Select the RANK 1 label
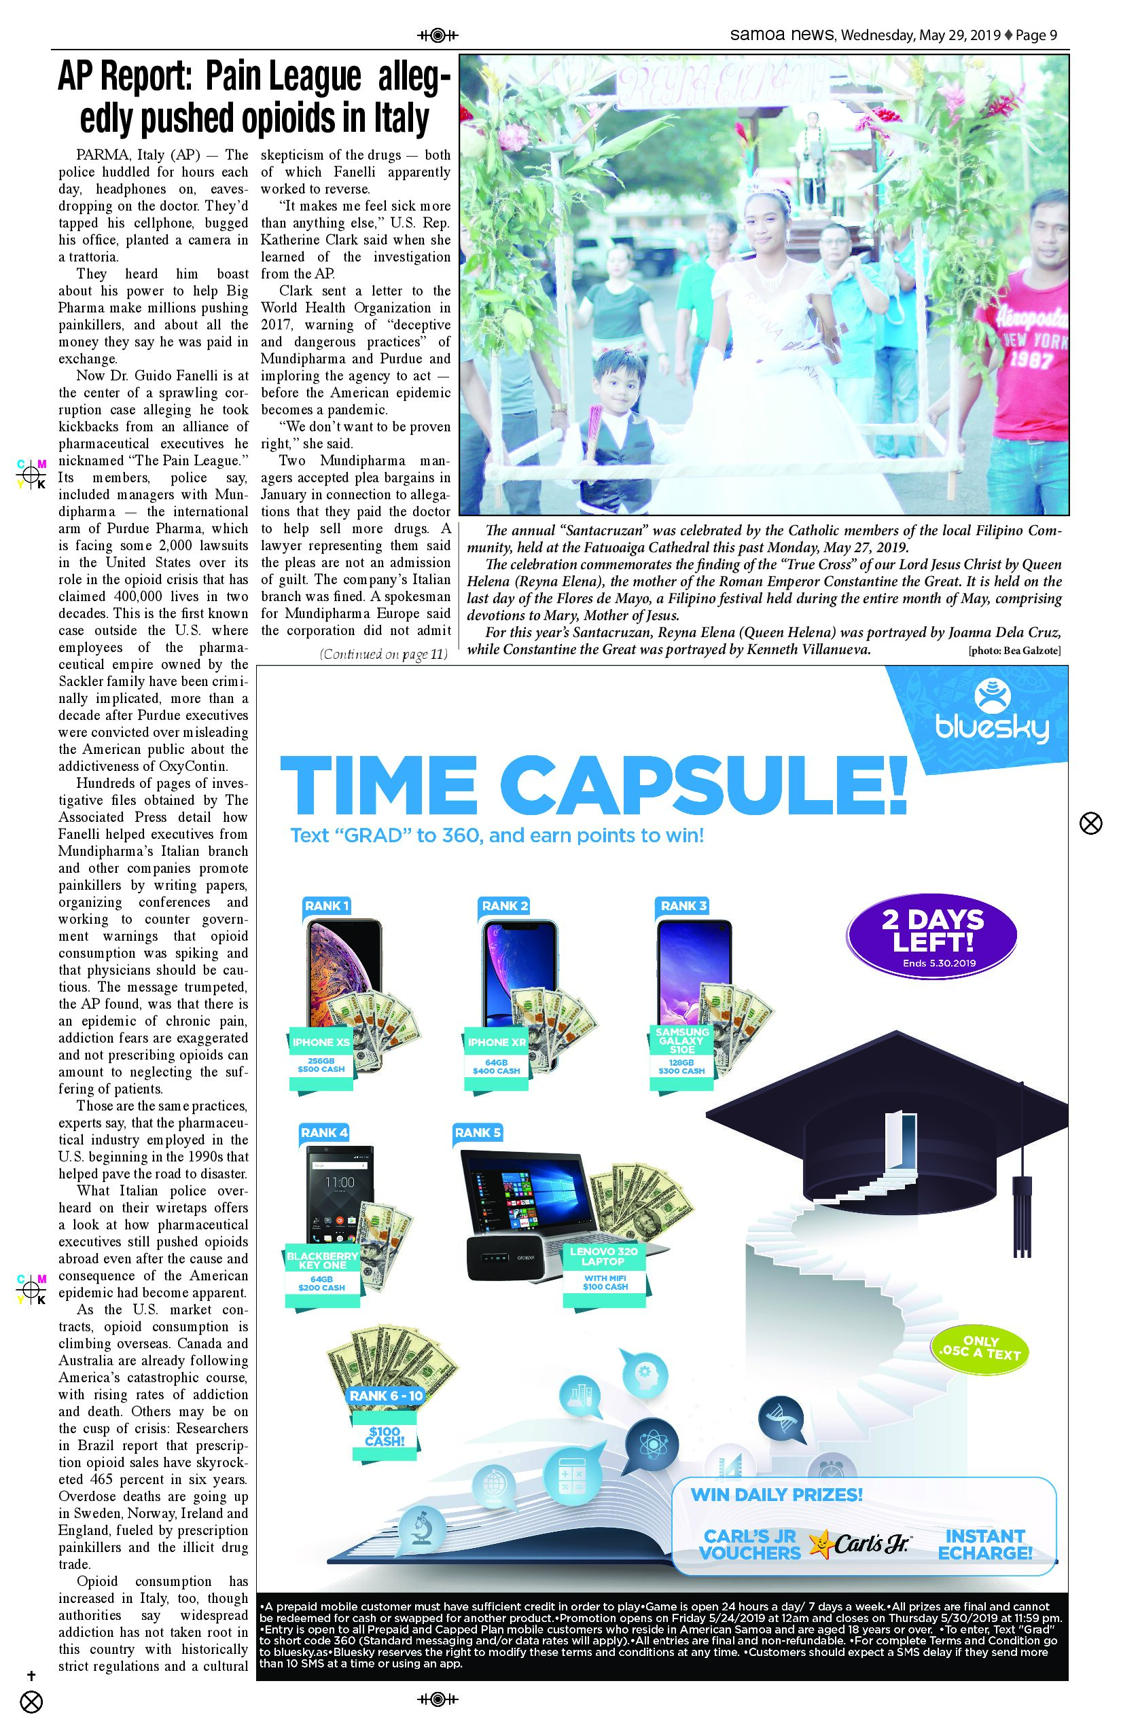(x=326, y=905)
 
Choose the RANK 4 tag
(x=324, y=1132)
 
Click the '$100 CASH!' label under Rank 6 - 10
(x=385, y=1436)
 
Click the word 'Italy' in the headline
(x=399, y=118)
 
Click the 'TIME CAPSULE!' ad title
(x=593, y=787)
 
